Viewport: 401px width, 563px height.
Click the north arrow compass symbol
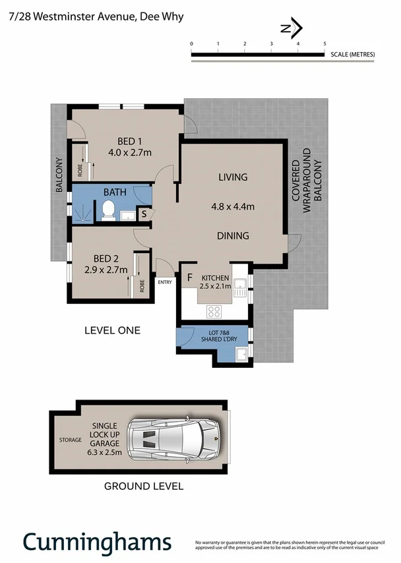[x=291, y=28]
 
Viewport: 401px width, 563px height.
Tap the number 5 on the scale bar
[x=324, y=44]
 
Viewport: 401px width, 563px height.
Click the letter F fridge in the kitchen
[x=189, y=278]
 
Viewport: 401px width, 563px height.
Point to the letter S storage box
[x=144, y=214]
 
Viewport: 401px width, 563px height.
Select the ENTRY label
[x=164, y=282]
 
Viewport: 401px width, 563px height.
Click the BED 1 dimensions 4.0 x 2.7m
[x=130, y=153]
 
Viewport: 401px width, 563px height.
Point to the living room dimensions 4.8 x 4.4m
[x=233, y=206]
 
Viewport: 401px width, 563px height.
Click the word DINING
[x=233, y=235]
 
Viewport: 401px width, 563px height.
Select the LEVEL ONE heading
[x=112, y=330]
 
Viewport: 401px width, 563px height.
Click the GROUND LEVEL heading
[x=144, y=487]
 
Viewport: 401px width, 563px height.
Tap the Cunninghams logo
[x=97, y=542]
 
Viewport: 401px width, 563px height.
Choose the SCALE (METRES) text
[x=352, y=53]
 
